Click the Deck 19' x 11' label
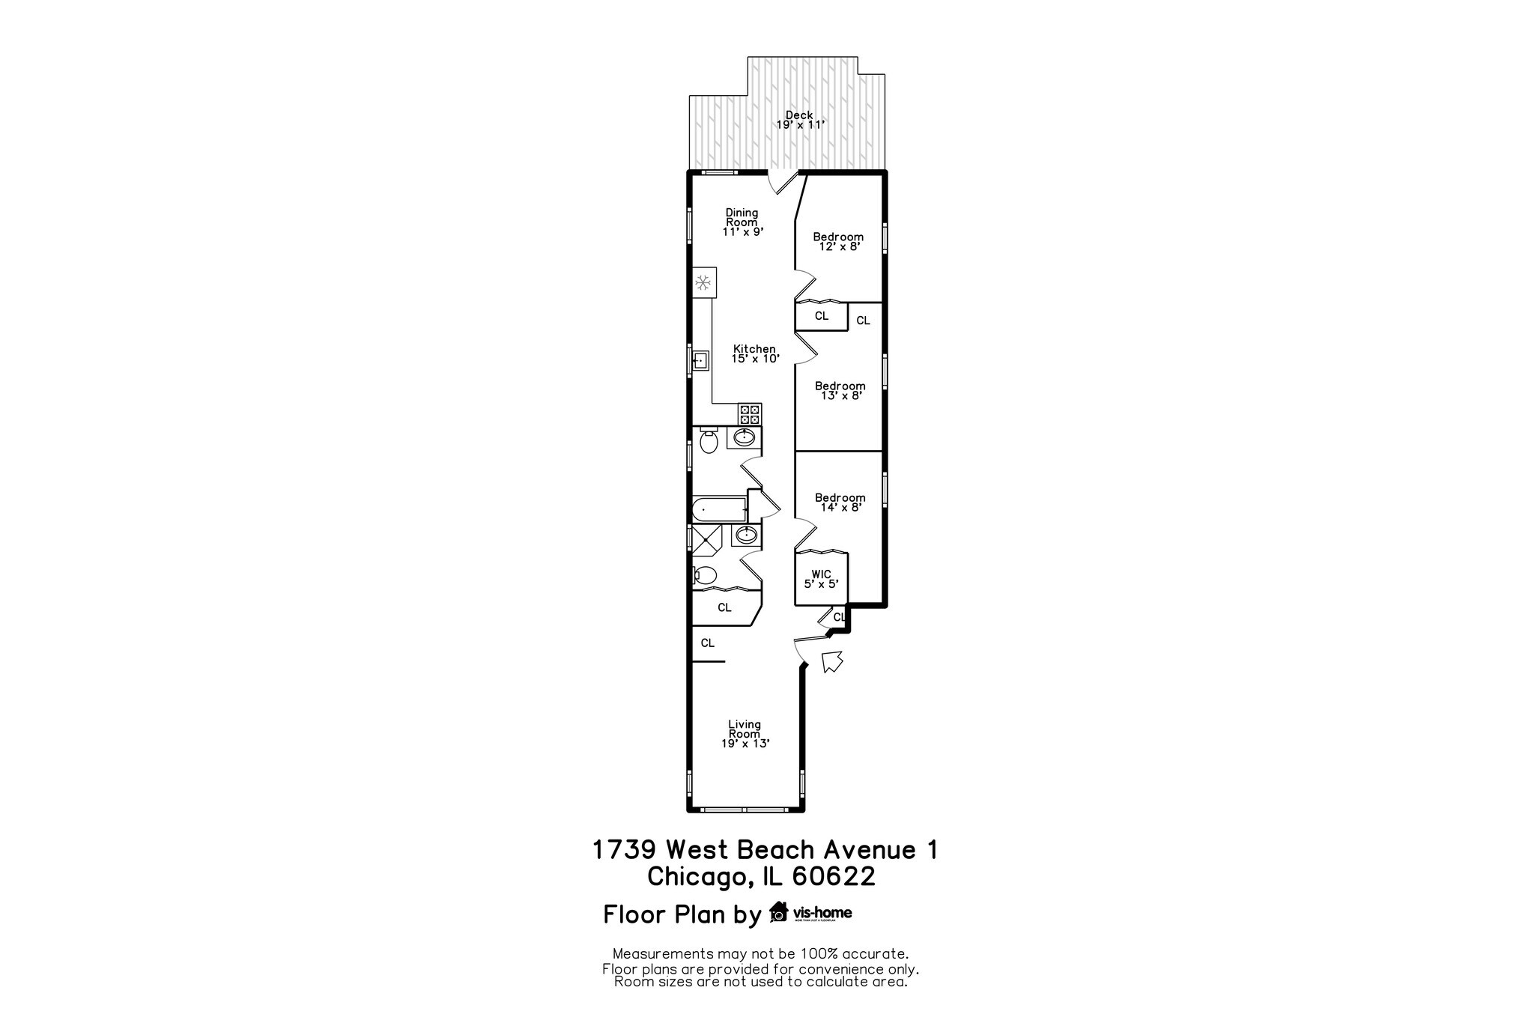point(799,120)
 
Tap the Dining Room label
point(742,222)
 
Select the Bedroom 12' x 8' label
point(838,241)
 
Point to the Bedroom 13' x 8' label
point(840,391)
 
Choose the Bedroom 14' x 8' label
point(840,502)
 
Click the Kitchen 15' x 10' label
point(754,353)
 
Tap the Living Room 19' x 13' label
point(745,734)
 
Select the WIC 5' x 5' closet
point(821,579)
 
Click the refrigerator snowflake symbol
point(178,282)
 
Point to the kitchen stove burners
point(749,413)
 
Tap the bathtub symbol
point(719,510)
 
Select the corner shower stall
point(705,538)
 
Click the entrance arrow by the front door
point(832,661)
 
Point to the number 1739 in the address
point(625,850)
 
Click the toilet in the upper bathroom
point(709,442)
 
